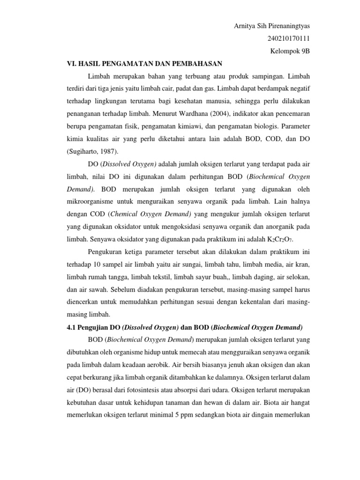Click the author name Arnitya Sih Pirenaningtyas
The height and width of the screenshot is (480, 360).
point(272,25)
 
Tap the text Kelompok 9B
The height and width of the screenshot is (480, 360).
point(291,51)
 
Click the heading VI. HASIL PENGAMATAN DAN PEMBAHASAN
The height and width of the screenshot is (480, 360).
point(143,63)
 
